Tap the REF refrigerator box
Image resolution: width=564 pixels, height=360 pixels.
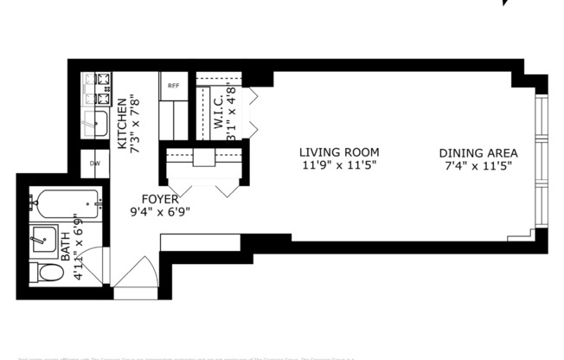(172, 87)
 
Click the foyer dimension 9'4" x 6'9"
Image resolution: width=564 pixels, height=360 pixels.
(160, 210)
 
